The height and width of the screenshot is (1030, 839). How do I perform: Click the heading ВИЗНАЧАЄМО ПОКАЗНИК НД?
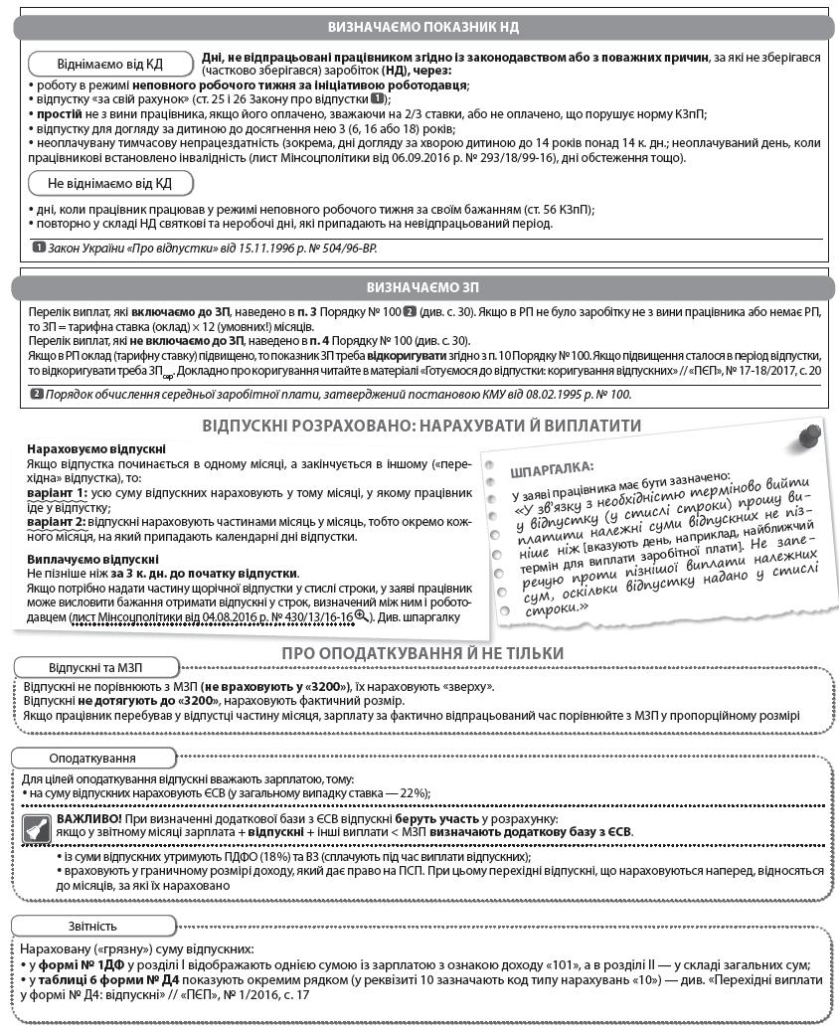point(422,27)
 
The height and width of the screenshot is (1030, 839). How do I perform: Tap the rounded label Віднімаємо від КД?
point(110,65)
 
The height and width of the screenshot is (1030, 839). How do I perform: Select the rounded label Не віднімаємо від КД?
point(110,183)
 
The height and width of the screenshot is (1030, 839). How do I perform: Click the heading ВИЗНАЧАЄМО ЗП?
point(422,287)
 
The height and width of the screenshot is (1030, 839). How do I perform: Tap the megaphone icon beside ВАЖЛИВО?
point(40,824)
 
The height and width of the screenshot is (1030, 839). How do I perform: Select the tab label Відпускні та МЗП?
point(97,667)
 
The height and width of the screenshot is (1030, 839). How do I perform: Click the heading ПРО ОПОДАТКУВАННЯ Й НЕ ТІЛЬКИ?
point(422,653)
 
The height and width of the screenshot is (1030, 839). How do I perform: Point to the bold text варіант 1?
point(57,493)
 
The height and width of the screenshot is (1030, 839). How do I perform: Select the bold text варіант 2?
point(57,522)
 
